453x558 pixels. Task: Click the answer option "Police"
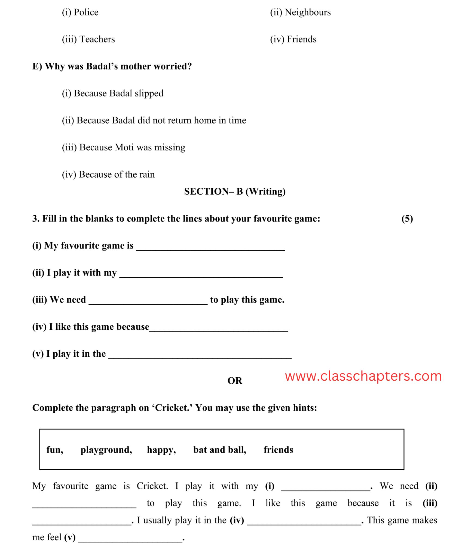(x=80, y=13)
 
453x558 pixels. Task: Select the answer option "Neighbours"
(x=300, y=13)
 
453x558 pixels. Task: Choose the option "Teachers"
(x=88, y=40)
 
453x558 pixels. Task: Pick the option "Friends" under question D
(x=293, y=40)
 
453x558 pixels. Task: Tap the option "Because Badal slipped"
(x=113, y=93)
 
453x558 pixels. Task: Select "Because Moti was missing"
(x=124, y=147)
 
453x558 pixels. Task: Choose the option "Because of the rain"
(x=108, y=174)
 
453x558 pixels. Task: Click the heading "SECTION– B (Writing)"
(x=235, y=192)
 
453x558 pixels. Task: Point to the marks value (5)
(x=407, y=219)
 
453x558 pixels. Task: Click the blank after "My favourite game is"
(x=210, y=247)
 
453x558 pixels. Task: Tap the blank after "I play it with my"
(x=201, y=274)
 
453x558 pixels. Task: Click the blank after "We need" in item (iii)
(x=148, y=301)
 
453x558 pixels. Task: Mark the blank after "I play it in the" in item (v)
(x=200, y=355)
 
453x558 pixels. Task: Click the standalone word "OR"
(x=235, y=381)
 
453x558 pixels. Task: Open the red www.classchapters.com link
(x=363, y=376)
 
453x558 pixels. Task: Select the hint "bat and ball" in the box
(x=219, y=450)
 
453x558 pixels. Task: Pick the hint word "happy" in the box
(x=161, y=450)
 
